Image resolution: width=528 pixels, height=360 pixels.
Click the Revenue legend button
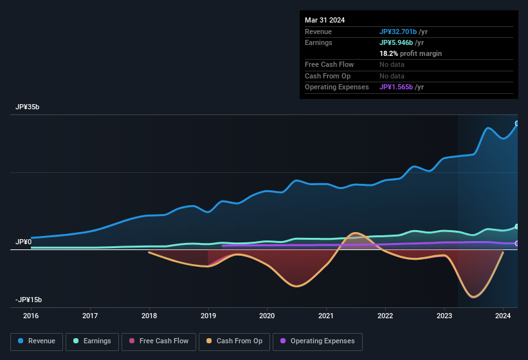pos(37,341)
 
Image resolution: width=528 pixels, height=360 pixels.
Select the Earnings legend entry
pos(92,341)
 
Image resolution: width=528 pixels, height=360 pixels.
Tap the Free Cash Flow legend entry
pos(159,341)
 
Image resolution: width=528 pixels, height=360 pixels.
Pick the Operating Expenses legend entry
pos(318,341)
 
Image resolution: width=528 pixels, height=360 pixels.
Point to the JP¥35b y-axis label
pos(28,107)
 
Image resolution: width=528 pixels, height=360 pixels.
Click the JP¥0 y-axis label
pos(24,242)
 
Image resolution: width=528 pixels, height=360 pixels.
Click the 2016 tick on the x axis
pos(31,316)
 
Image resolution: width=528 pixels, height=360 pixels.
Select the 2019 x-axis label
pos(208,316)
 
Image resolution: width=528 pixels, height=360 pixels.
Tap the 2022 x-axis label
pos(385,316)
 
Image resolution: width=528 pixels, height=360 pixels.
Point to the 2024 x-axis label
pos(503,316)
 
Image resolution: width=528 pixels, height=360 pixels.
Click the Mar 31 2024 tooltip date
pos(325,20)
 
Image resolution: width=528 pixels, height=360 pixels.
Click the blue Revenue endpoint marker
pos(517,123)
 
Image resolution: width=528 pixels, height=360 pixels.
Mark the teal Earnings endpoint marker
pos(517,226)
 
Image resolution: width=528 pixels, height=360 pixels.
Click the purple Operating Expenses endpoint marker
pos(517,244)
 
